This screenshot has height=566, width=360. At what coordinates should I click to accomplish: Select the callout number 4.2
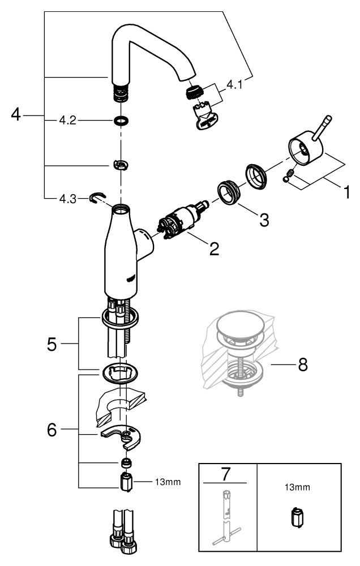(x=67, y=120)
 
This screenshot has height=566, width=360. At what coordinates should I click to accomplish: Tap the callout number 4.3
(x=67, y=199)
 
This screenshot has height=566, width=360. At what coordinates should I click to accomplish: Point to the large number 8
(x=303, y=365)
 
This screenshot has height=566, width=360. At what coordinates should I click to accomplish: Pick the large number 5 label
(x=52, y=344)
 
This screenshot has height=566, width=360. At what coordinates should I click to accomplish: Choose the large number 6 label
(x=52, y=430)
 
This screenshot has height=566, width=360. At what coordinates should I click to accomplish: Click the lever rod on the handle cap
(x=322, y=128)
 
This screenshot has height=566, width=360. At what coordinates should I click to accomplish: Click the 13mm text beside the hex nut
(x=168, y=482)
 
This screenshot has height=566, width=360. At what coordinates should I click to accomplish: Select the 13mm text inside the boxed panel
(x=297, y=487)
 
